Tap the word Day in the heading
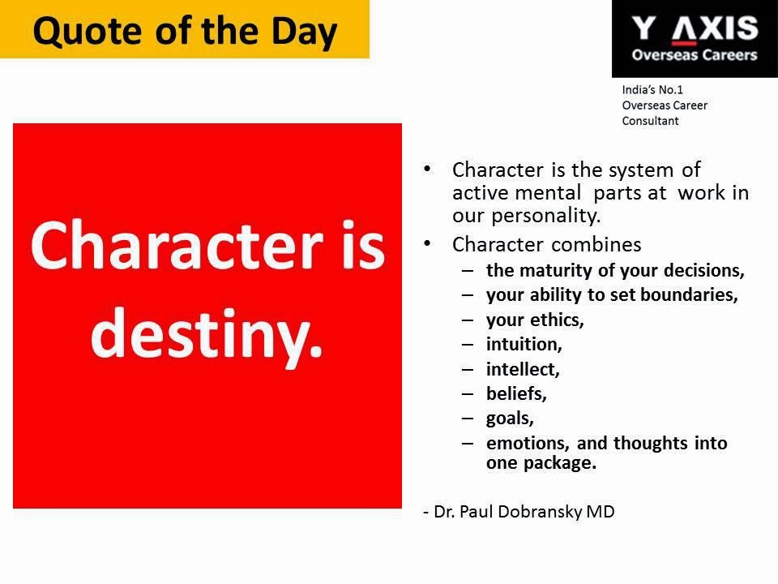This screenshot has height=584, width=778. [x=304, y=32]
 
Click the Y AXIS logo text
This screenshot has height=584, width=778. [x=695, y=28]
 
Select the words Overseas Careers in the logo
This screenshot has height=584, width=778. [x=695, y=54]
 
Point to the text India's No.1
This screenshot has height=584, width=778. [x=652, y=90]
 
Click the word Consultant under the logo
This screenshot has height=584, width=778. [x=650, y=121]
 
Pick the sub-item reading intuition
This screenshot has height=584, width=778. [x=524, y=344]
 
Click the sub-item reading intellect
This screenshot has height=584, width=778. [x=523, y=369]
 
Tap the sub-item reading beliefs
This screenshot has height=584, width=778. [x=516, y=394]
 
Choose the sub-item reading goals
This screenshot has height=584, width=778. [x=510, y=419]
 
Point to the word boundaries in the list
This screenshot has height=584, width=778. [x=689, y=294]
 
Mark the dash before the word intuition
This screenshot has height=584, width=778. [x=468, y=345]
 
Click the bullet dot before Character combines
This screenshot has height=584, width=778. [x=427, y=244]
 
